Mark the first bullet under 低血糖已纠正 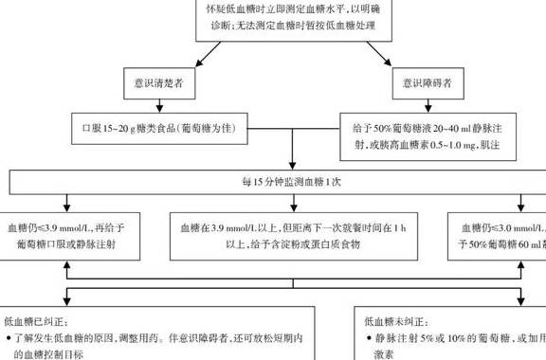pos(9,336)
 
